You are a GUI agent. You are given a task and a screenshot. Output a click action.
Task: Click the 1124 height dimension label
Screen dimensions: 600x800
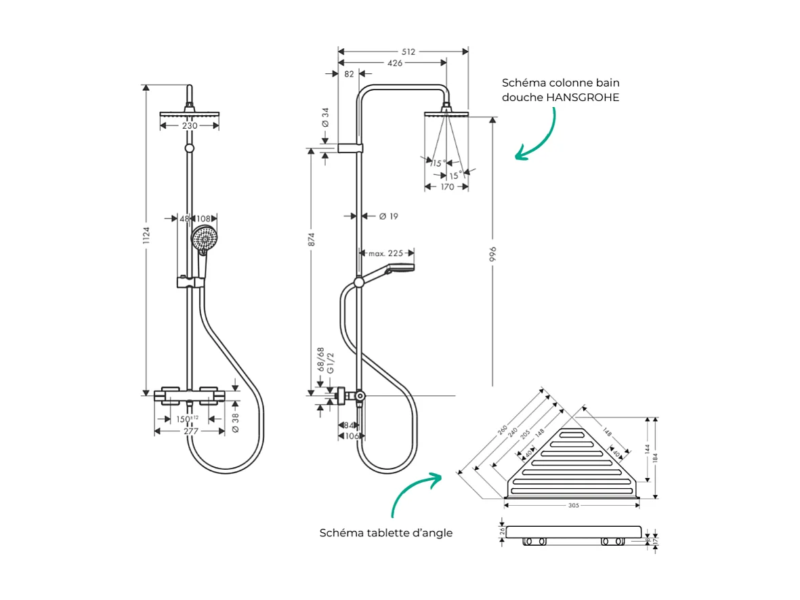pyautogui.click(x=147, y=237)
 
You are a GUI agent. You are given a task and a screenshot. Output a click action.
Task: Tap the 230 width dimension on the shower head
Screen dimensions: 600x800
pyautogui.click(x=189, y=126)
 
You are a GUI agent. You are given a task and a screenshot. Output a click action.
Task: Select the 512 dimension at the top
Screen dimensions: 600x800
pyautogui.click(x=407, y=52)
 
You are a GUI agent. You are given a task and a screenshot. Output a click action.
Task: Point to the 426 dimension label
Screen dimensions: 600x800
pyautogui.click(x=394, y=63)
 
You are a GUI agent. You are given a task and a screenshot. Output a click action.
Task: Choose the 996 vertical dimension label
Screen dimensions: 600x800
pyautogui.click(x=493, y=253)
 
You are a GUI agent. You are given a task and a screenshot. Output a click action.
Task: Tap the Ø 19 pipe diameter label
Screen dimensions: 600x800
pyautogui.click(x=388, y=216)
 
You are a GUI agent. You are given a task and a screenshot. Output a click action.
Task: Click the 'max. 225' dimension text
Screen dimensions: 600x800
pyautogui.click(x=385, y=254)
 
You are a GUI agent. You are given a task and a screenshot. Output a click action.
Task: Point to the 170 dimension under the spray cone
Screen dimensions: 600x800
pyautogui.click(x=447, y=187)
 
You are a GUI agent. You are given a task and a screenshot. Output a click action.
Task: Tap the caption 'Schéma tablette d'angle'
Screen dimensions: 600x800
pyautogui.click(x=386, y=533)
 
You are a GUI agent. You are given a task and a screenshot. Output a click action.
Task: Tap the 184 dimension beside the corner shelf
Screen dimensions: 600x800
pyautogui.click(x=654, y=457)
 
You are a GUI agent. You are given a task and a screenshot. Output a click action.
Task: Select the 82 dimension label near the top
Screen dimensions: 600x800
pyautogui.click(x=349, y=75)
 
